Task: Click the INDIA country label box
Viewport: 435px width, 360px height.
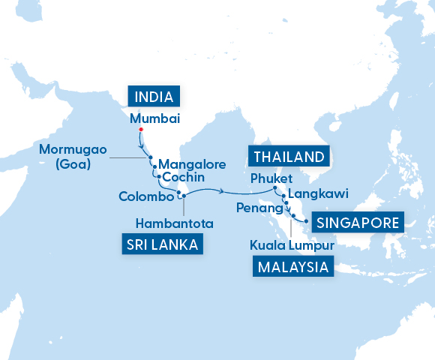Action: click(156, 97)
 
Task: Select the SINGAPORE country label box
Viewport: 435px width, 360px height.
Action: click(357, 223)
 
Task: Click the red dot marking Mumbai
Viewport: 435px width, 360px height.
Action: click(139, 130)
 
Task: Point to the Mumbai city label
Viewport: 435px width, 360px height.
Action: click(155, 118)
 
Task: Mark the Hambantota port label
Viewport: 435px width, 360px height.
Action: click(175, 223)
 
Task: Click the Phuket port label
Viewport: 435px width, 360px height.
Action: click(268, 178)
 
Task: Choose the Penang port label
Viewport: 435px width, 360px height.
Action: click(255, 206)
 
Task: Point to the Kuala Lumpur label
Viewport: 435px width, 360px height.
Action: click(292, 244)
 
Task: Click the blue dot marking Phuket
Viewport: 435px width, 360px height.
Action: click(275, 188)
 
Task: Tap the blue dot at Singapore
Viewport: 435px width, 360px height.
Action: click(307, 221)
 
